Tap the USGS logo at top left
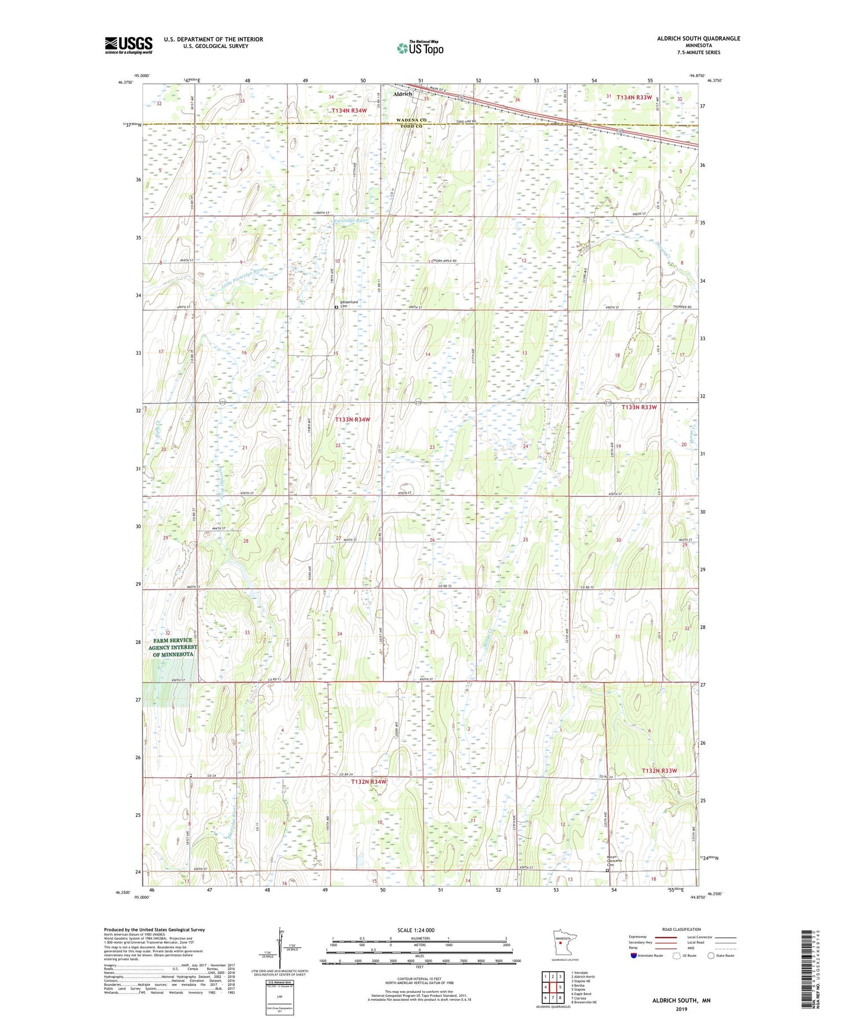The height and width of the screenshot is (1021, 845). (x=128, y=45)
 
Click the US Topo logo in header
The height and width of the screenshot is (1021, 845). (x=420, y=48)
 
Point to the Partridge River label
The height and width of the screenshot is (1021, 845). (x=350, y=221)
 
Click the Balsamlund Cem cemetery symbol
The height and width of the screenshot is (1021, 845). (x=336, y=307)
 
